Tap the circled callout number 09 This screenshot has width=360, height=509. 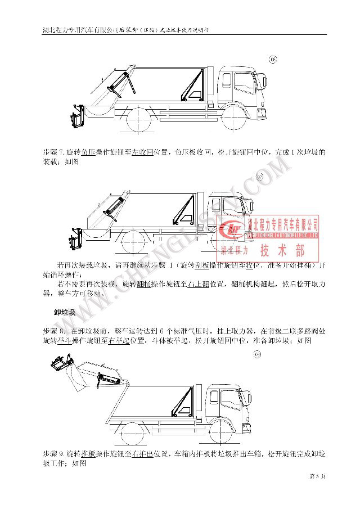pos(258,355)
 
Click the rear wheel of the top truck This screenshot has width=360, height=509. pos(137,120)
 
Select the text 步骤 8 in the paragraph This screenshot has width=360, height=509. pos(54,331)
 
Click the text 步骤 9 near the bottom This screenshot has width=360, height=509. pos(53,453)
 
